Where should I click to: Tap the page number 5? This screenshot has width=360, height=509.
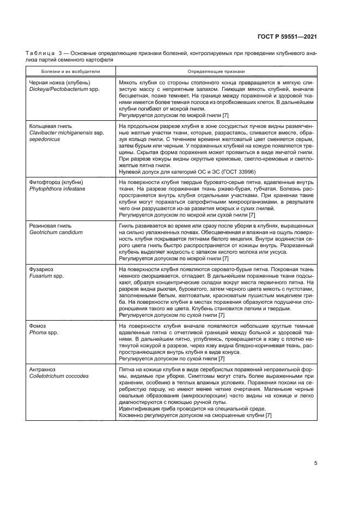pos(316,463)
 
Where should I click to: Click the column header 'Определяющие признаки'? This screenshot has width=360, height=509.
pos(216,71)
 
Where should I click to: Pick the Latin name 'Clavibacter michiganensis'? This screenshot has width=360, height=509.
pos(59,133)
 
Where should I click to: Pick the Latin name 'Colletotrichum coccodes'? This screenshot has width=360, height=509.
pos(58,376)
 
